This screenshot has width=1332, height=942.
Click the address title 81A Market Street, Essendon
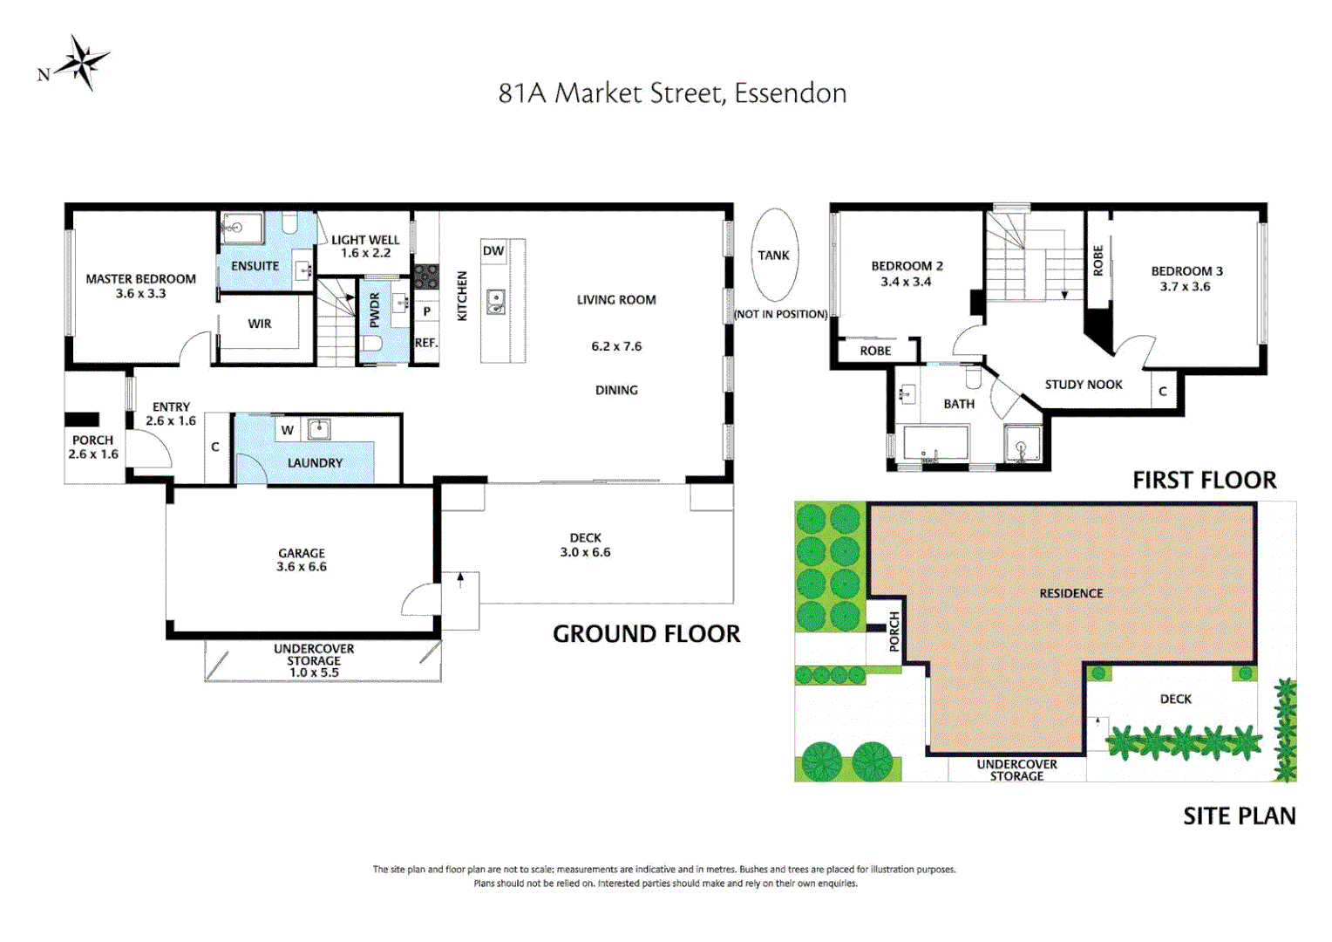pos(672,93)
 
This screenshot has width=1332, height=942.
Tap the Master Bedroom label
pos(140,279)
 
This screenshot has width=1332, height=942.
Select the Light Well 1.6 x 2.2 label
pos(365,246)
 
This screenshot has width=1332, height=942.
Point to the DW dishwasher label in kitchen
pos(493,251)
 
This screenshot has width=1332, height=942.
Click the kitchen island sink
pos(495,302)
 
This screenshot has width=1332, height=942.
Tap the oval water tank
pos(773,255)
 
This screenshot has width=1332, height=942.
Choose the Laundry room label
pos(315,463)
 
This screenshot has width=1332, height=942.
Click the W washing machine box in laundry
pos(288,430)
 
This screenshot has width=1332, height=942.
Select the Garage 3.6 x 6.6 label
pos(302,560)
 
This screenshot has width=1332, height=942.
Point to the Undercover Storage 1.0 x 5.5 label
pos(314,660)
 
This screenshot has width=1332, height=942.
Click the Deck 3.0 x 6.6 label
pos(585,545)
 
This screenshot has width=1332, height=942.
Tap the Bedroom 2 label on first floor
pos(907,266)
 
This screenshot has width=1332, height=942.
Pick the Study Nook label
pos(1084,385)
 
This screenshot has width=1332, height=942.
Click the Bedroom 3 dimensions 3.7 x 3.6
pos(1185,287)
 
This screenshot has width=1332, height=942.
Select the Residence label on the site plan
pos(1070,593)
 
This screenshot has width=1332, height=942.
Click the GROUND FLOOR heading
pos(646,634)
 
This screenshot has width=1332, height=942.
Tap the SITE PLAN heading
pos(1239,816)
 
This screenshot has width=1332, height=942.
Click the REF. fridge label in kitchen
pos(425,343)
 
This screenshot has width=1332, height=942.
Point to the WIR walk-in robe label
pos(260,324)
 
